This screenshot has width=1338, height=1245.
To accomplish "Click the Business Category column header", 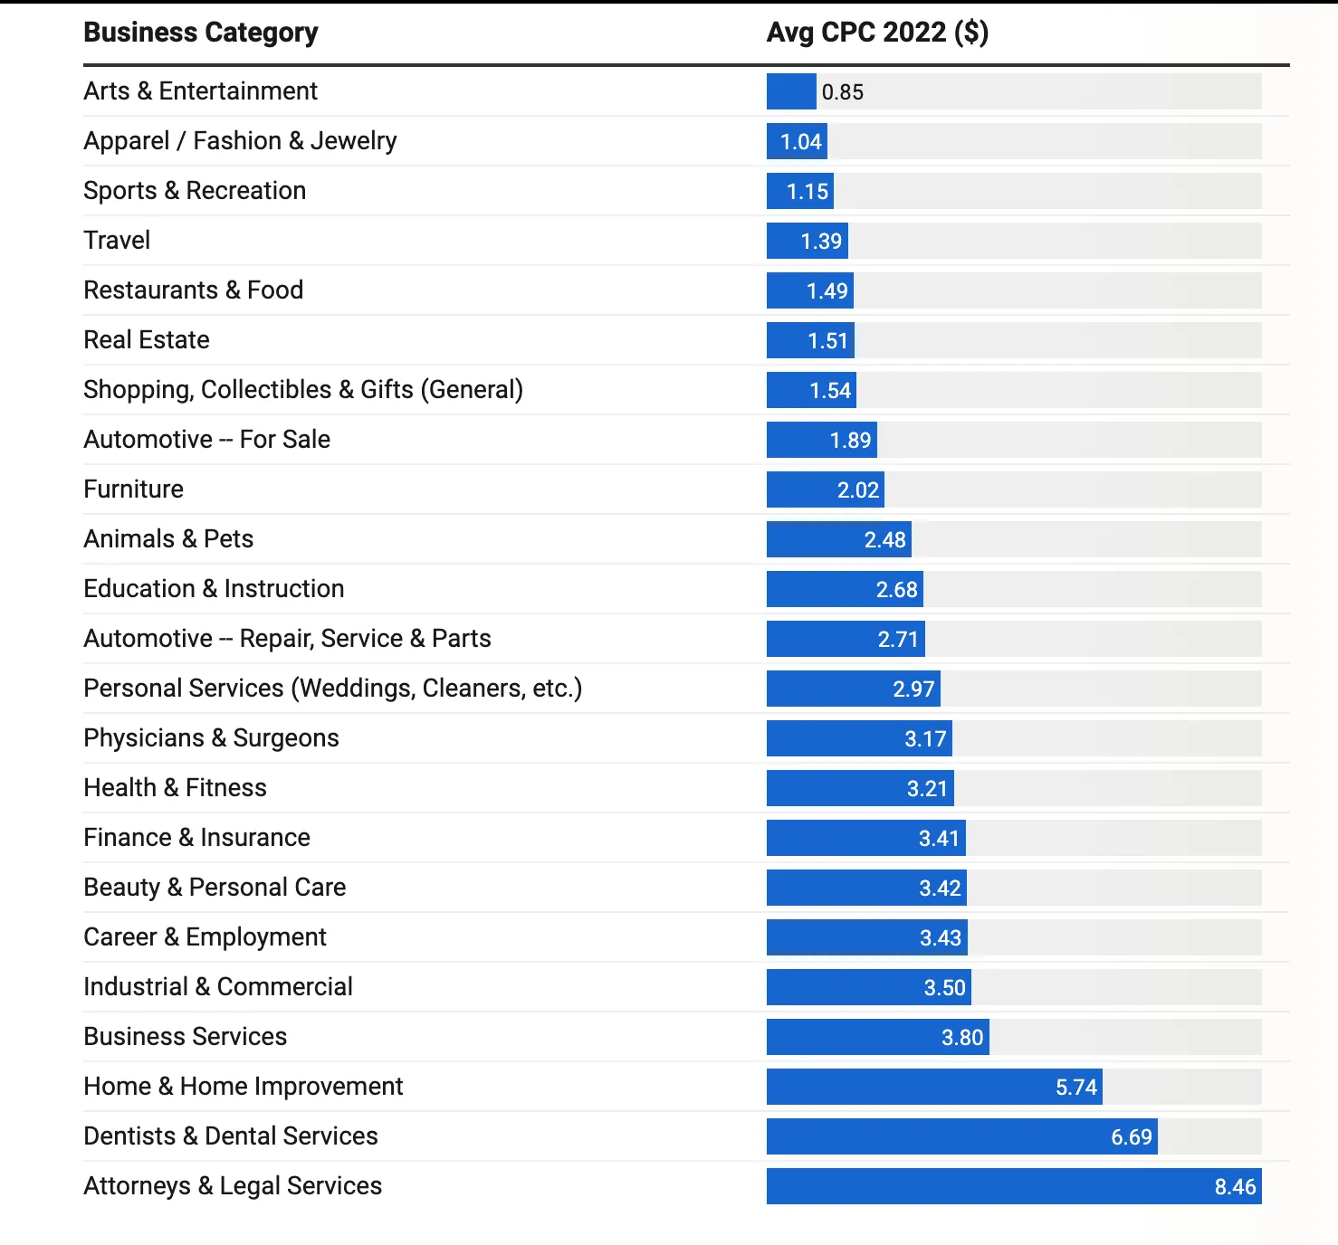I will [x=200, y=33].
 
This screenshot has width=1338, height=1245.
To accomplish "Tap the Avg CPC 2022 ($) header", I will [x=876, y=33].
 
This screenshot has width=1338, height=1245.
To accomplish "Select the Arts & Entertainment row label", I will [x=200, y=91].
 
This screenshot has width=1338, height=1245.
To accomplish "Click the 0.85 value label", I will [x=842, y=92].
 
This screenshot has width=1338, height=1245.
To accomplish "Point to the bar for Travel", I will [x=807, y=241].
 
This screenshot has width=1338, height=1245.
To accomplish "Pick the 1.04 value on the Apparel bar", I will [x=801, y=142].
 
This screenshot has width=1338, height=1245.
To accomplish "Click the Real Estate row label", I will [x=146, y=340].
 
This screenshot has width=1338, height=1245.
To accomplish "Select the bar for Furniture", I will [x=825, y=489].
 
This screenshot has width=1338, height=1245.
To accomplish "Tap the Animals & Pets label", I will [x=168, y=539].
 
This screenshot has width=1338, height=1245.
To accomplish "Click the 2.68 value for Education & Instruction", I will [x=896, y=590].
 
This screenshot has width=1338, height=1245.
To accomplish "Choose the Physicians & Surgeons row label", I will [x=211, y=738].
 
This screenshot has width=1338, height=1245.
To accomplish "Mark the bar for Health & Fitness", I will [x=859, y=788].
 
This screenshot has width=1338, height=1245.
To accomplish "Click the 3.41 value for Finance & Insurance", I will [x=939, y=839].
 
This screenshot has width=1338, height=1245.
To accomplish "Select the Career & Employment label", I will [x=205, y=937].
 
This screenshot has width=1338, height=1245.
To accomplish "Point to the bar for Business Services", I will [x=877, y=1037].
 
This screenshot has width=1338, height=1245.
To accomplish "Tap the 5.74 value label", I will [x=1075, y=1088].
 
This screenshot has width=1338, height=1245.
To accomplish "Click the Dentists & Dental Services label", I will [x=230, y=1136].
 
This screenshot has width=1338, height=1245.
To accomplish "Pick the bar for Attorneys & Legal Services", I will [x=1013, y=1186].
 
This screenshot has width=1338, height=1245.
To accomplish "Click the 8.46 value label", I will [x=1235, y=1187].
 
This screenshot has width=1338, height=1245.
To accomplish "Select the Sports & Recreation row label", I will [x=195, y=191].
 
